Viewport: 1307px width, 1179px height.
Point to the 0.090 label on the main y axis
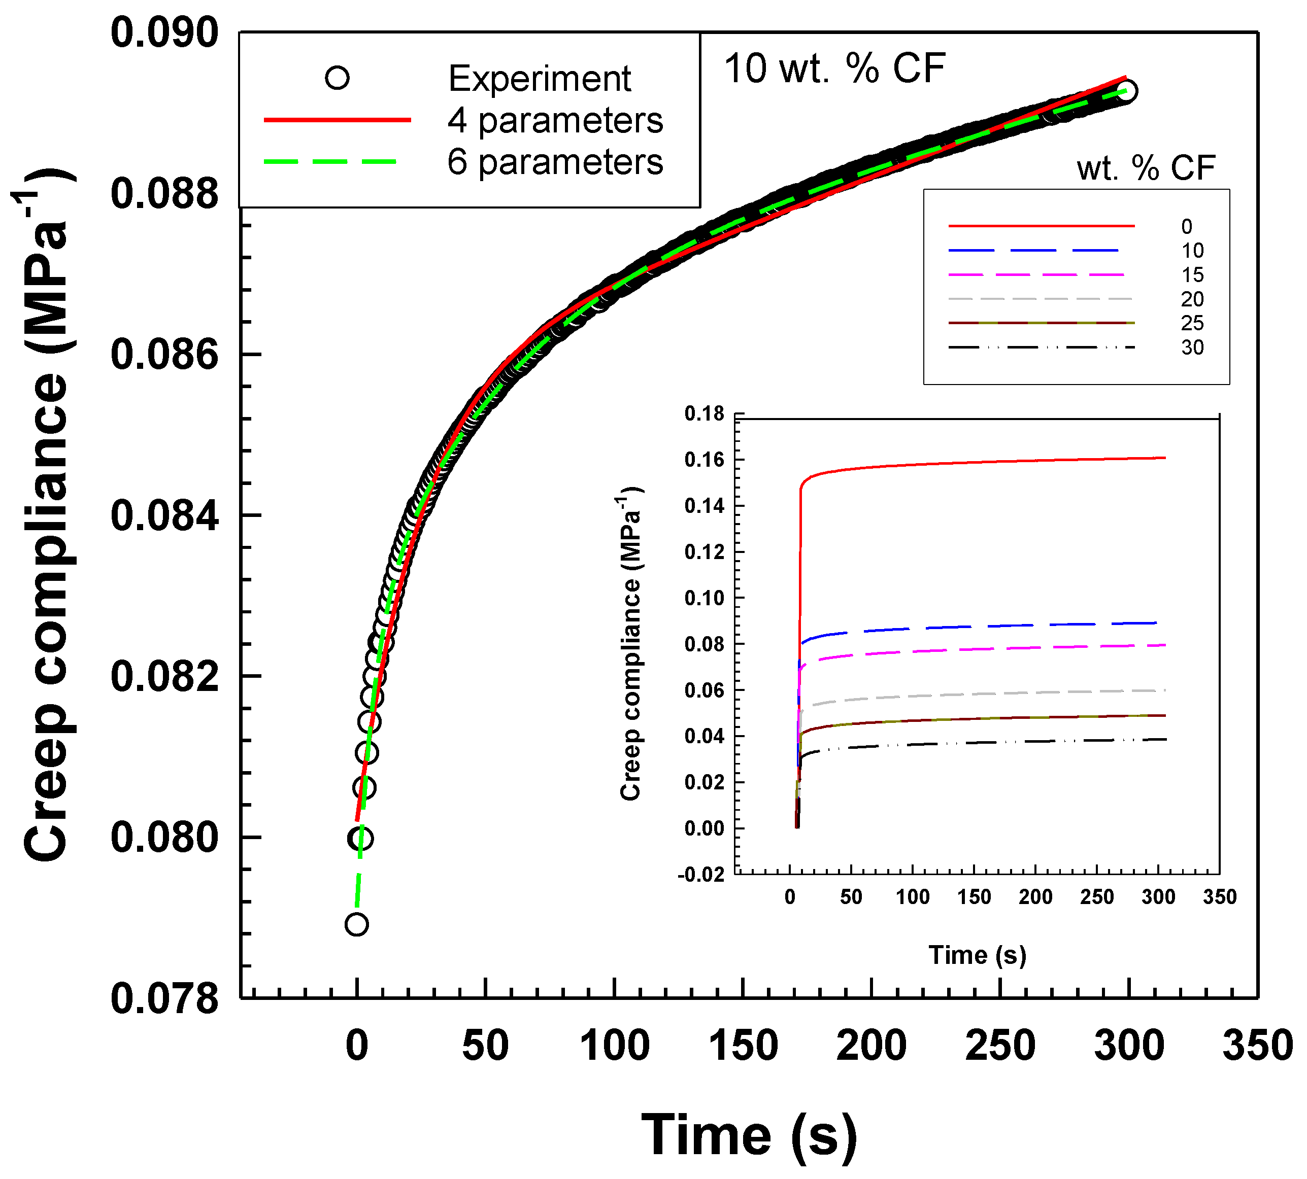(x=164, y=33)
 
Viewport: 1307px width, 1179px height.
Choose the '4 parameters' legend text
(x=555, y=121)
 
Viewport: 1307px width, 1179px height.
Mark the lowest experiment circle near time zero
(x=356, y=924)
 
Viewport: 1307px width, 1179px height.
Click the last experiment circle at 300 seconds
(x=1126, y=91)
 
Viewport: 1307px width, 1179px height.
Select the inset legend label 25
(x=1192, y=323)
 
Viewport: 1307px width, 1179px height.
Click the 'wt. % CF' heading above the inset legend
(x=1145, y=168)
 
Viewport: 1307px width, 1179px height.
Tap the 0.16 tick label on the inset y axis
(x=705, y=460)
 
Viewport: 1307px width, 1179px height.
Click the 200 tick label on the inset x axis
(x=1035, y=897)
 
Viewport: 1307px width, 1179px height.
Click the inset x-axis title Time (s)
(x=977, y=955)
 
